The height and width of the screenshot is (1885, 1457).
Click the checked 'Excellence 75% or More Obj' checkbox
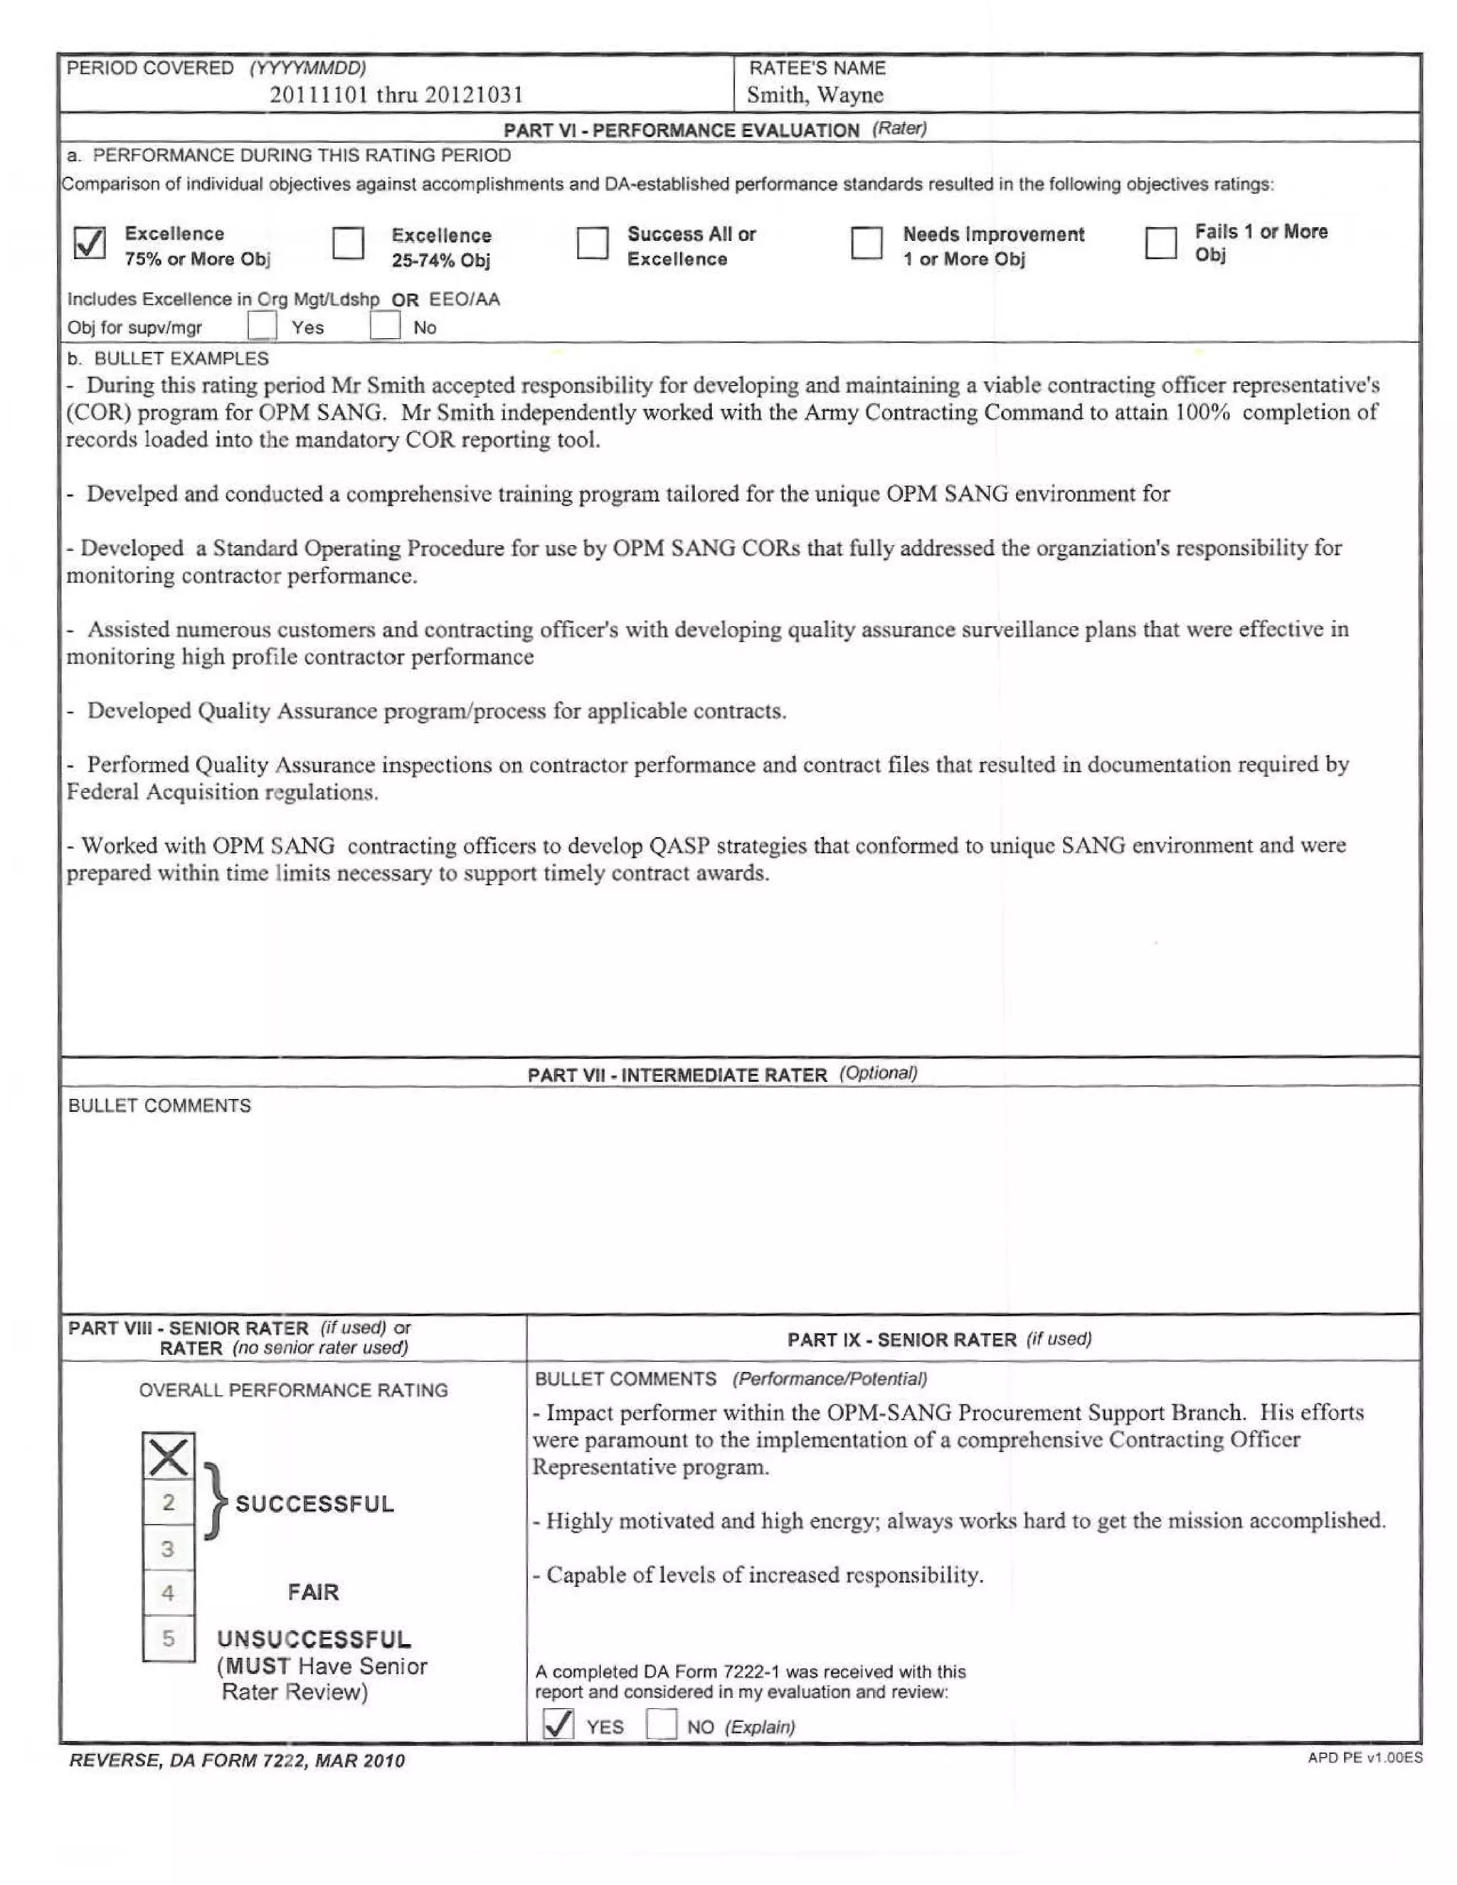point(90,243)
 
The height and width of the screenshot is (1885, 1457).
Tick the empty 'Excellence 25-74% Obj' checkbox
point(348,243)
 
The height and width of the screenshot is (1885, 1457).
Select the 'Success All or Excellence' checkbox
point(592,243)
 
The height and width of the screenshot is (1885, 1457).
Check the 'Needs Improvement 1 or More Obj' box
point(866,243)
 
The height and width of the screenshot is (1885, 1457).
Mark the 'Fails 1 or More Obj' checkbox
point(1160,243)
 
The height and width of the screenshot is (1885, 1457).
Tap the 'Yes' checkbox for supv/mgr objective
point(262,326)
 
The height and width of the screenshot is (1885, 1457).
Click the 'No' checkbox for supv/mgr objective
point(384,326)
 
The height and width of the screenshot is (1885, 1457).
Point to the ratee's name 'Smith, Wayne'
point(814,95)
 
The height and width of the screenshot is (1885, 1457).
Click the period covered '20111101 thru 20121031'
point(396,95)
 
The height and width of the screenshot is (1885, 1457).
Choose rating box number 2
point(169,1502)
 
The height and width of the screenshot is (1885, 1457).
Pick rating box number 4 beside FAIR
point(169,1593)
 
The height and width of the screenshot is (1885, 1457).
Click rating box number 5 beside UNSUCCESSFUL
point(169,1638)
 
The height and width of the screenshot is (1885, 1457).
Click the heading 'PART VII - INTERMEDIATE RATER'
point(677,1076)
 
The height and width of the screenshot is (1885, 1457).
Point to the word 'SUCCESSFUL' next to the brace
point(314,1504)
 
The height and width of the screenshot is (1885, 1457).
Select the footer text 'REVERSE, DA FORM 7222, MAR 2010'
point(236,1761)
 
